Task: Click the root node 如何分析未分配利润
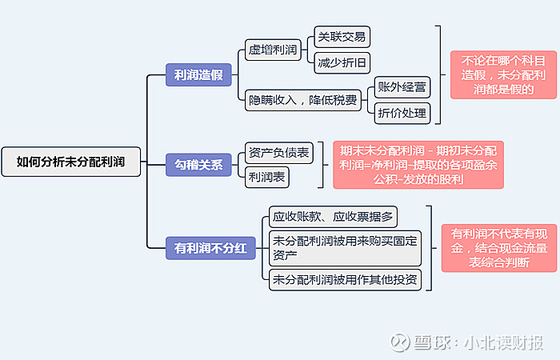click(x=71, y=162)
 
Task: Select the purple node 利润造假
click(x=198, y=75)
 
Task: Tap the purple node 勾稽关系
click(x=198, y=166)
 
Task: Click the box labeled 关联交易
click(x=342, y=37)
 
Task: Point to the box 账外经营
click(x=402, y=86)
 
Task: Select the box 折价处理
click(x=402, y=113)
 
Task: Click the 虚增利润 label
click(x=273, y=50)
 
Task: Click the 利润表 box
click(x=266, y=177)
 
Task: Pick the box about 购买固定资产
click(x=345, y=248)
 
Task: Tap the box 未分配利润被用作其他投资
click(x=345, y=279)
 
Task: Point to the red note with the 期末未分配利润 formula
click(x=418, y=165)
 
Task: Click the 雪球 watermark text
click(x=432, y=342)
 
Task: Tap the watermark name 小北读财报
click(x=504, y=342)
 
